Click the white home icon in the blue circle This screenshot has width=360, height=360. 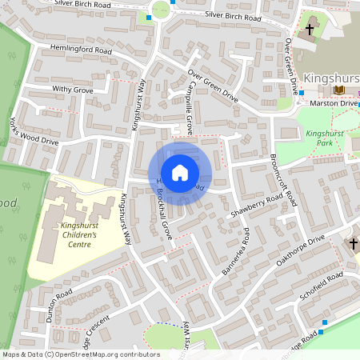[180, 172]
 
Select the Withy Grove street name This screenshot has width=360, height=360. [72, 90]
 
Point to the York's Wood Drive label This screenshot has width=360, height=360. [34, 130]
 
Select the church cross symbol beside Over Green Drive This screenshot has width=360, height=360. [310, 30]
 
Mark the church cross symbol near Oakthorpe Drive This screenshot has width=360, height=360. [353, 243]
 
